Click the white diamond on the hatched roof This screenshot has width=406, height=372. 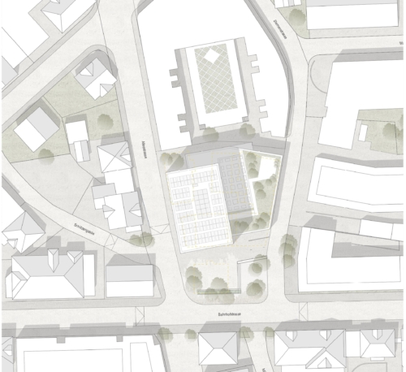(209, 57)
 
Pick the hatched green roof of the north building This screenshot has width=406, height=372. (213, 85)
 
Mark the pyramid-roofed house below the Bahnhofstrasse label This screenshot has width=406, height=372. (214, 350)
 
